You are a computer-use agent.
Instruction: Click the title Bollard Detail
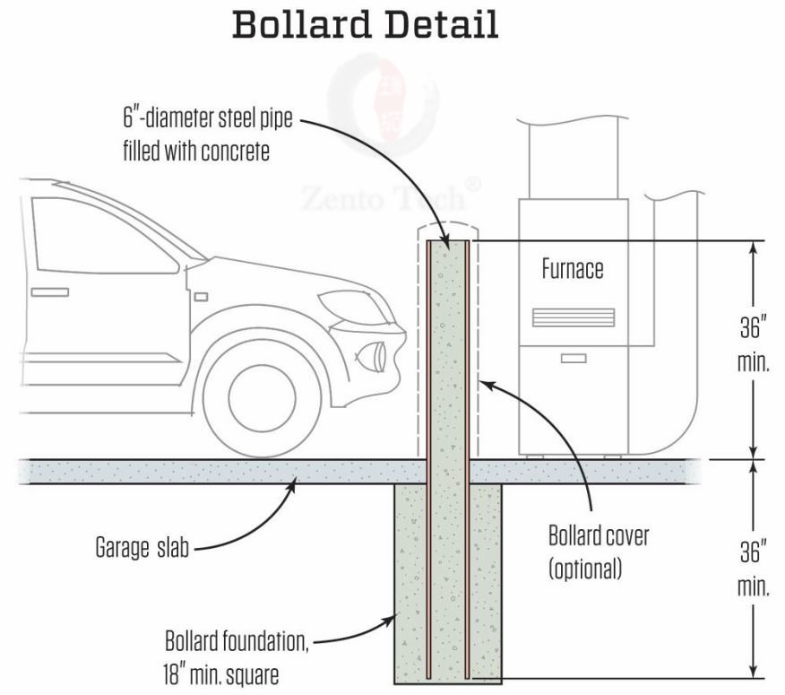tap(366, 25)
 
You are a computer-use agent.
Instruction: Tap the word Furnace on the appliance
tap(572, 268)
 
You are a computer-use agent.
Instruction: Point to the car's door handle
tap(48, 292)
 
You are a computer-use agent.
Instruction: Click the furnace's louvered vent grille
tap(573, 317)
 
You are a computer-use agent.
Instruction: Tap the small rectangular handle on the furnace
tap(574, 359)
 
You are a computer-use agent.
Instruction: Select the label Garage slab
tap(142, 547)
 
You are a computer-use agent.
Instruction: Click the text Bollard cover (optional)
tap(599, 552)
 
